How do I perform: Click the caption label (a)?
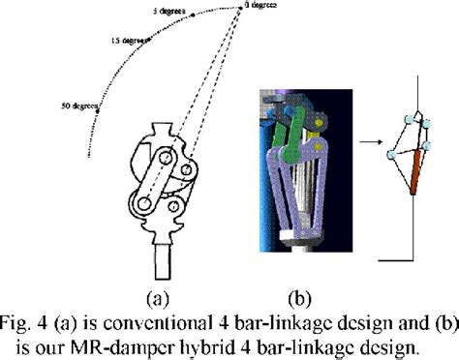pos(163,293)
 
